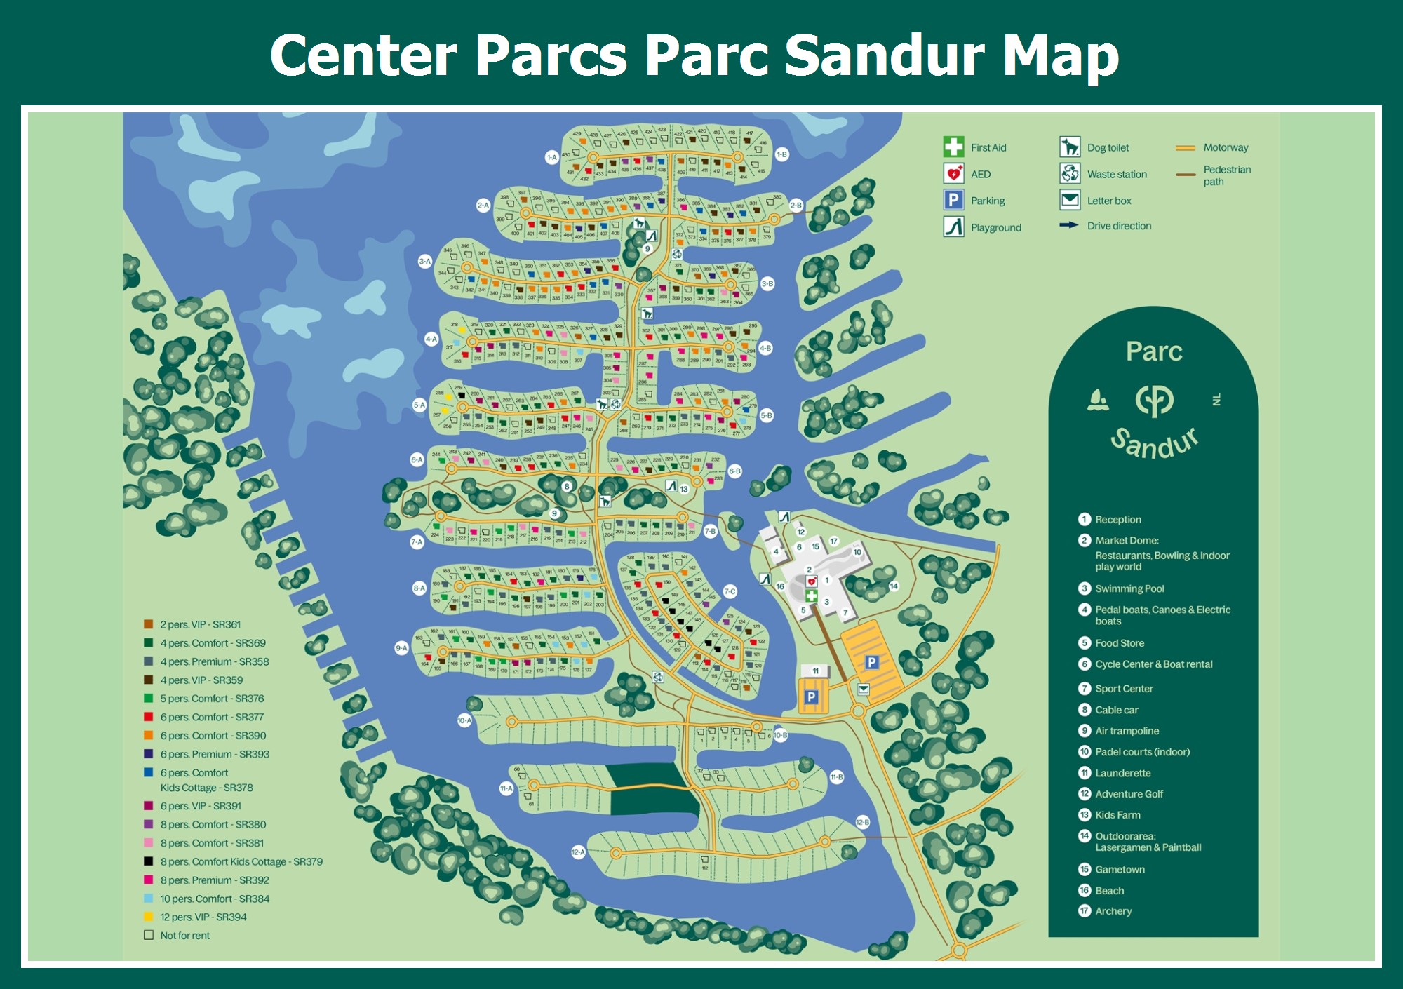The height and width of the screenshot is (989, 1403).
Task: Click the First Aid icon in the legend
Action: click(953, 147)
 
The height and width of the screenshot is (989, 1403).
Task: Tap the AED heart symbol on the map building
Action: click(812, 581)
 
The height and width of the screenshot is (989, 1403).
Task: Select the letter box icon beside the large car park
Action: click(864, 689)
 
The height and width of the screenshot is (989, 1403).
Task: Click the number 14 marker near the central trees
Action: click(894, 586)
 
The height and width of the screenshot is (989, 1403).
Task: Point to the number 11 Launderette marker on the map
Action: click(815, 671)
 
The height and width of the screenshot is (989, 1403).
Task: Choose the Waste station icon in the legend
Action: click(1070, 173)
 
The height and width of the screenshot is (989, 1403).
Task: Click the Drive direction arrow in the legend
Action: click(1068, 225)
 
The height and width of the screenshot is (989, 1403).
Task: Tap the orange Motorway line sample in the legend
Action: click(1186, 147)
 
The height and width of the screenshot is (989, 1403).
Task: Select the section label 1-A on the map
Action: click(552, 157)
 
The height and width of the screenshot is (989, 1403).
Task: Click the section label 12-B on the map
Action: click(863, 822)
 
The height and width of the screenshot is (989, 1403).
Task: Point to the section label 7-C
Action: click(730, 591)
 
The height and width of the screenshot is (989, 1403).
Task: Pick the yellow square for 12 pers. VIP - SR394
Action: click(149, 917)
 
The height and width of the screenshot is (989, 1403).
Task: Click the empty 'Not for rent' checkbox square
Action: click(149, 935)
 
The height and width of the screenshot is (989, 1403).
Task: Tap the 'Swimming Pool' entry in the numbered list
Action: click(1129, 588)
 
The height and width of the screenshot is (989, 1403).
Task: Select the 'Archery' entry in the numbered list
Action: click(1113, 911)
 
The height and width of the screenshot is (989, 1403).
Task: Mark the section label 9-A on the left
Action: click(401, 648)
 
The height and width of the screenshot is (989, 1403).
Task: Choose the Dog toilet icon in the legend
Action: click(1070, 147)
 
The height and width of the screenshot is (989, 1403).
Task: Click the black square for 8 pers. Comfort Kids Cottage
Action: click(149, 861)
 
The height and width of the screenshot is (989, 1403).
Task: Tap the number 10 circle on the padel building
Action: click(857, 552)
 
